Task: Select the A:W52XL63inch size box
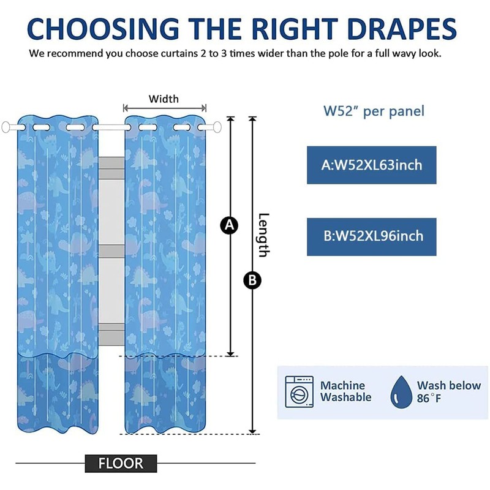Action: click(x=371, y=165)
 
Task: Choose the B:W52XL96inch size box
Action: click(x=371, y=236)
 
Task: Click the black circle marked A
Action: click(x=229, y=225)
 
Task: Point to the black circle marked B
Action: click(x=252, y=281)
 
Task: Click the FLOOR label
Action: click(x=120, y=464)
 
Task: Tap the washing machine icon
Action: click(x=299, y=391)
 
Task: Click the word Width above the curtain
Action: click(x=164, y=99)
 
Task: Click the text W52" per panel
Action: click(x=374, y=111)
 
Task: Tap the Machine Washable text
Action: click(x=345, y=391)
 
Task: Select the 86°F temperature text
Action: click(x=429, y=399)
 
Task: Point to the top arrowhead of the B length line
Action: click(x=252, y=119)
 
